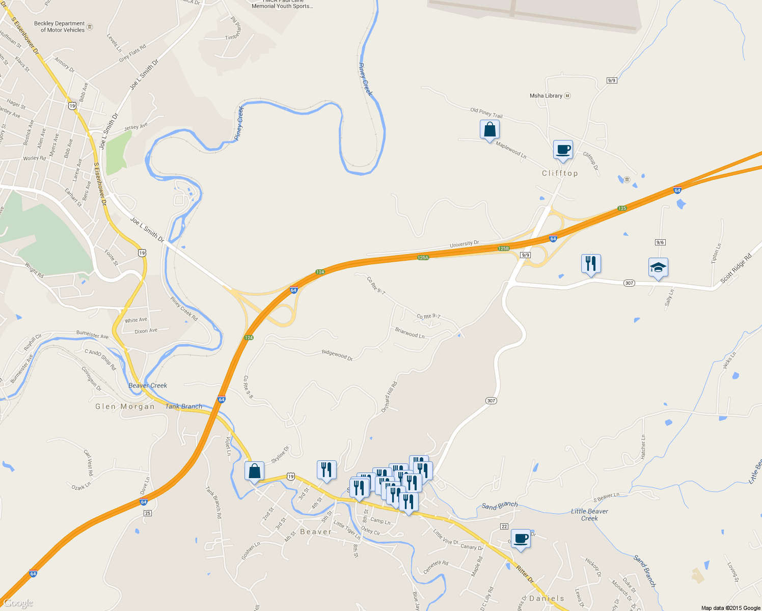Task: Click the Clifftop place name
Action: pos(560,174)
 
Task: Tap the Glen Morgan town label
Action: pos(125,407)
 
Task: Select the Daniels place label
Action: pos(547,599)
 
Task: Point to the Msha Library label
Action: pos(546,96)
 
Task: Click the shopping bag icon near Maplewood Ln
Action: pos(489,130)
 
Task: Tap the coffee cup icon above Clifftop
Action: pos(563,150)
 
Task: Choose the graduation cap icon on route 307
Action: pos(658,268)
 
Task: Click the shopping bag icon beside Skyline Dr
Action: pos(254,471)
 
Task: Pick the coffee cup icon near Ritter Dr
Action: pos(521,539)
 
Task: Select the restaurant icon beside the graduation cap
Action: pos(591,264)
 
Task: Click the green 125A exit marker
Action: pos(423,258)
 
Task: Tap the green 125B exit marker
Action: pos(503,248)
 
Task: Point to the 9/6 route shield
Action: pos(660,242)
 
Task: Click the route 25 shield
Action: pos(148,513)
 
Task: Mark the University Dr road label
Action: pos(464,244)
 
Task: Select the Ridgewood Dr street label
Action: pos(337,354)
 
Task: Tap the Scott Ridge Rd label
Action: pos(736,269)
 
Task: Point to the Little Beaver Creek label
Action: pos(589,515)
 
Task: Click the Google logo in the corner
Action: pos(18,603)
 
